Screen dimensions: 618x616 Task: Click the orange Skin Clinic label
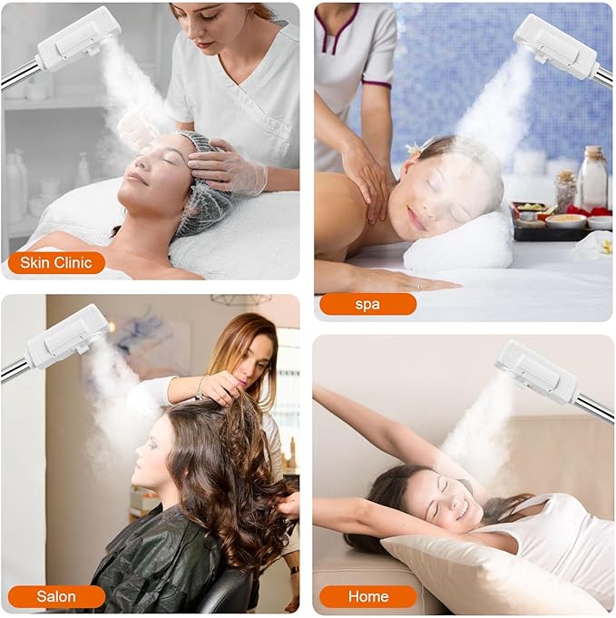(56, 263)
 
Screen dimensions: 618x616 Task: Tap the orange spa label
(367, 304)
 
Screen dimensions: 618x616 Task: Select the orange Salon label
(56, 596)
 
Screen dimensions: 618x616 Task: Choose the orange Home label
(367, 596)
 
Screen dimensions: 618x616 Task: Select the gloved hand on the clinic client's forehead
(222, 168)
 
